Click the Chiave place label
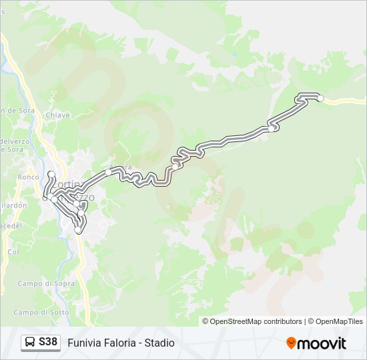pyautogui.click(x=57, y=115)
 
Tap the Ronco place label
pyautogui.click(x=29, y=177)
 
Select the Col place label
pyautogui.click(x=13, y=252)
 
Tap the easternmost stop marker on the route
pyautogui.click(x=320, y=98)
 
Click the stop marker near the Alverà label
pyautogui.click(x=108, y=172)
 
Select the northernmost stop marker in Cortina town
pyautogui.click(x=51, y=175)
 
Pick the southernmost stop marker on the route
pyautogui.click(x=78, y=230)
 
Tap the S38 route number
pyautogui.click(x=48, y=343)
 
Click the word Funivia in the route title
pyautogui.click(x=84, y=343)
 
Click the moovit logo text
pyautogui.click(x=322, y=343)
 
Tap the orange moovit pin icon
pyautogui.click(x=291, y=343)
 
